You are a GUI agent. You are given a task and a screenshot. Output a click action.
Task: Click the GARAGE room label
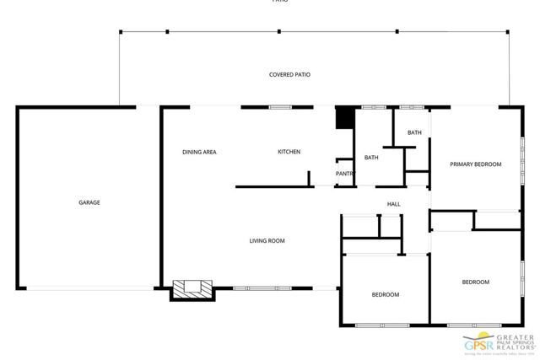point(89,202)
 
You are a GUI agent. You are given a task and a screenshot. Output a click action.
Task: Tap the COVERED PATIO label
point(289,75)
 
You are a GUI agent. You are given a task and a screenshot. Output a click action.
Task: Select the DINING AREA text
point(200,152)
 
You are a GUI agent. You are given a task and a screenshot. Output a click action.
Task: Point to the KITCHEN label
point(289,152)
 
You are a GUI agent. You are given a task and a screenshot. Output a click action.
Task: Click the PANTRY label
point(344,174)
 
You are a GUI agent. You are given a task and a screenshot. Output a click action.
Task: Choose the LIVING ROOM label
point(267,241)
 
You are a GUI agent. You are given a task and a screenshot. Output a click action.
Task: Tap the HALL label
point(393,204)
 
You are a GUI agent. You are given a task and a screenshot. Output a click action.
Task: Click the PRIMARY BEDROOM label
point(476,164)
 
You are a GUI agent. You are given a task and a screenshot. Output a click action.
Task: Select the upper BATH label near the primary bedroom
point(414,132)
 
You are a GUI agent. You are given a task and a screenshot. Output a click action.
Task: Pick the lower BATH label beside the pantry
point(371,158)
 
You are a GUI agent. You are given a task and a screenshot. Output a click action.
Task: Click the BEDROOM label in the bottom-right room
point(475,282)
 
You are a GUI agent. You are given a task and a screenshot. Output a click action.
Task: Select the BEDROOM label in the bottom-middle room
point(386,294)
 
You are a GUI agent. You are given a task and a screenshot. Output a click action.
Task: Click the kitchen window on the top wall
point(280,107)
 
